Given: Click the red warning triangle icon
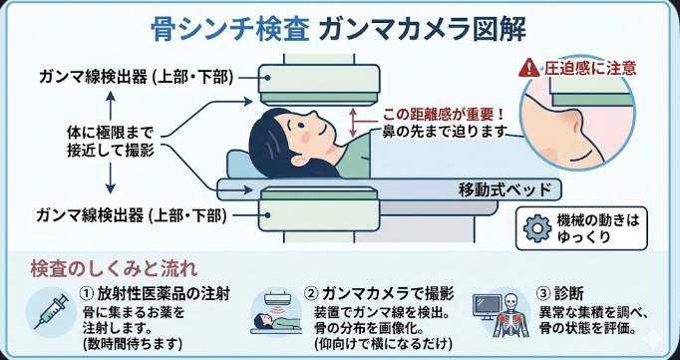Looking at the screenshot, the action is (x=529, y=68).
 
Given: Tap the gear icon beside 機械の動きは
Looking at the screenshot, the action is (x=537, y=228).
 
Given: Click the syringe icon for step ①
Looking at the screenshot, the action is (x=52, y=311).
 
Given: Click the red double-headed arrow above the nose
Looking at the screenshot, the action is (x=353, y=123).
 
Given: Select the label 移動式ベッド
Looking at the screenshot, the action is (x=505, y=190).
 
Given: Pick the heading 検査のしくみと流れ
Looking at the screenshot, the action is (x=114, y=269).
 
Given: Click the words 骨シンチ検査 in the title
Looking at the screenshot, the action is (x=230, y=30).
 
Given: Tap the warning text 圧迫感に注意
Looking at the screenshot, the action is (x=590, y=68).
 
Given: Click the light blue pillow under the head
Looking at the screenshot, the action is (x=240, y=164).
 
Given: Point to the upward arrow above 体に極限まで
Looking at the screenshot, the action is (x=111, y=106).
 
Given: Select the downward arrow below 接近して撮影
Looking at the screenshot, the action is (x=111, y=178).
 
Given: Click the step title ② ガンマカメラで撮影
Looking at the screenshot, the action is (x=379, y=294).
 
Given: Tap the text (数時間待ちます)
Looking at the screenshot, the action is (x=132, y=344).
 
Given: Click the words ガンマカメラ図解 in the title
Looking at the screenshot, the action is (x=422, y=30).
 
